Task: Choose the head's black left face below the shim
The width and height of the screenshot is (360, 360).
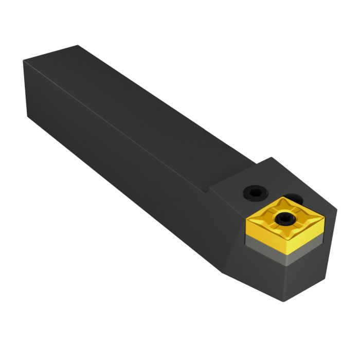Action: click(257, 278)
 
